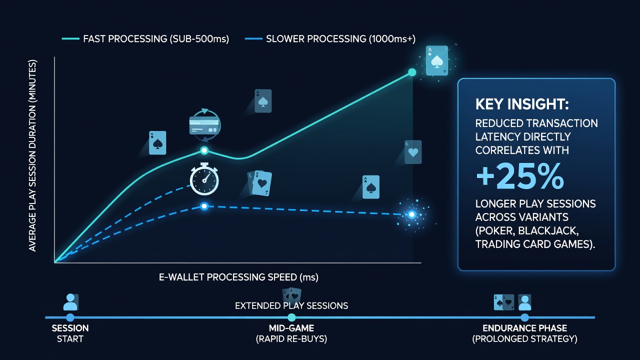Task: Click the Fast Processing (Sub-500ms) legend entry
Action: pyautogui.click(x=145, y=39)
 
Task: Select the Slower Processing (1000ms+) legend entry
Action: pyautogui.click(x=330, y=39)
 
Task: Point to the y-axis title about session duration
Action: pyautogui.click(x=32, y=155)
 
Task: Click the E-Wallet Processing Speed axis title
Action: pyautogui.click(x=238, y=277)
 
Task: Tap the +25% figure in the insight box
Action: pyautogui.click(x=520, y=176)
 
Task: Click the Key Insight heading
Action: pyautogui.click(x=522, y=104)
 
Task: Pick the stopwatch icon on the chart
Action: pyautogui.click(x=204, y=179)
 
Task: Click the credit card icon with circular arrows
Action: pyautogui.click(x=204, y=125)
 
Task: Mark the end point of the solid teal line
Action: pyautogui.click(x=412, y=72)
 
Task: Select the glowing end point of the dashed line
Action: pyautogui.click(x=411, y=214)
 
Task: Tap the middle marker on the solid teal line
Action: pyautogui.click(x=204, y=150)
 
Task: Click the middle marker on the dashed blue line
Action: pyautogui.click(x=204, y=206)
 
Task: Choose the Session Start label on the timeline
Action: pyautogui.click(x=70, y=333)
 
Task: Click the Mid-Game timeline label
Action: pyautogui.click(x=291, y=333)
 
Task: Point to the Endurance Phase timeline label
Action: pyautogui.click(x=525, y=333)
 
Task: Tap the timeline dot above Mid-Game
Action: pyautogui.click(x=291, y=317)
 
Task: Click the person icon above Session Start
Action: pyautogui.click(x=70, y=302)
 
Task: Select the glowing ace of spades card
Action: pyautogui.click(x=436, y=60)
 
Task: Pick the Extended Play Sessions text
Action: pyautogui.click(x=291, y=305)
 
